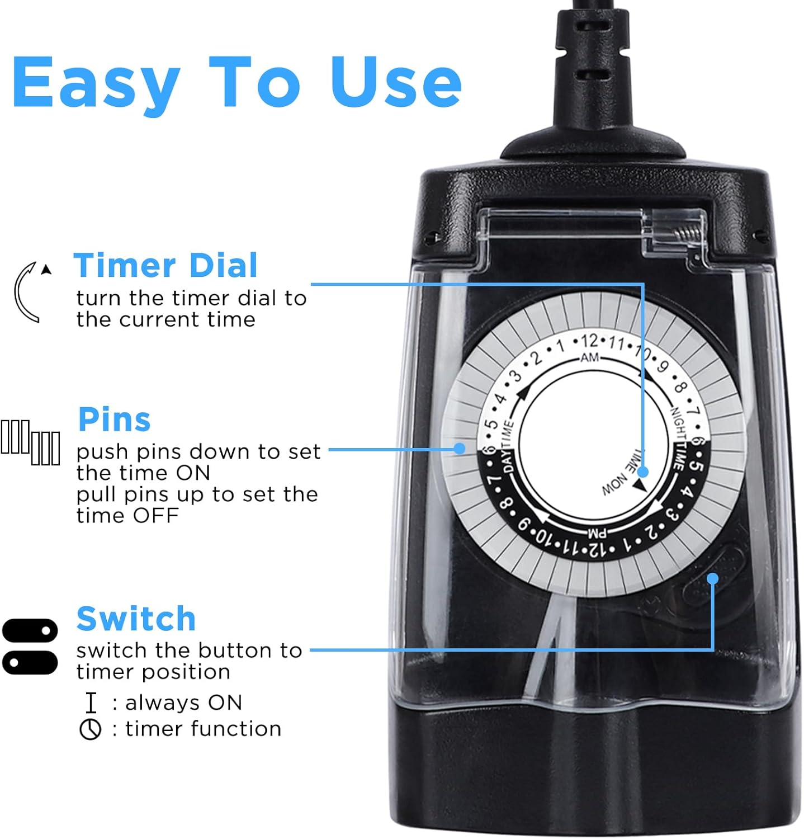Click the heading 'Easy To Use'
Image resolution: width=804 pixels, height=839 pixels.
tap(237, 83)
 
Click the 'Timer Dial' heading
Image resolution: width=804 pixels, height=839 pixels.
tap(165, 265)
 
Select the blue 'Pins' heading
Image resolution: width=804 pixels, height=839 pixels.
tap(115, 419)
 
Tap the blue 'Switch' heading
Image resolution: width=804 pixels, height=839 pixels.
tap(136, 619)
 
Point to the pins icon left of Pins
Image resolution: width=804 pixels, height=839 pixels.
tap(30, 442)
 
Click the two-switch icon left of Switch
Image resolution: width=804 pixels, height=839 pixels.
tap(30, 646)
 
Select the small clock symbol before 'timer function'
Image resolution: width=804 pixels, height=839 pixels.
tap(90, 729)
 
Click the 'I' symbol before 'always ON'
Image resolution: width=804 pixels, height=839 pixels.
tap(91, 703)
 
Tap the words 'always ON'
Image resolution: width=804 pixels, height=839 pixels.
tap(183, 703)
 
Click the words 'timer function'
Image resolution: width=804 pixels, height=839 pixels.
tap(203, 729)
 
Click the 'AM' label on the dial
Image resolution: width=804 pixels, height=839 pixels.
tap(590, 357)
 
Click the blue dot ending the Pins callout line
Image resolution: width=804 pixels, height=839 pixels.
tap(460, 448)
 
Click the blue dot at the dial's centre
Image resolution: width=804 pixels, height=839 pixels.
tap(643, 472)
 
